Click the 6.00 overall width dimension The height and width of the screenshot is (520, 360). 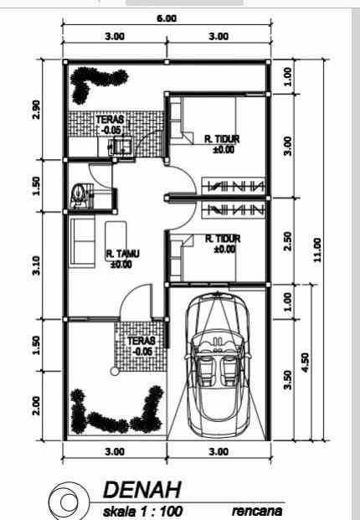coord(167,19)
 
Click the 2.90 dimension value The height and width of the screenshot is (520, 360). coord(35,109)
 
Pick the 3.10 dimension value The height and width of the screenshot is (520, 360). coord(35,265)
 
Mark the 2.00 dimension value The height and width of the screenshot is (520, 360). coord(35,405)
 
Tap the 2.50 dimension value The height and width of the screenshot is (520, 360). coord(287,241)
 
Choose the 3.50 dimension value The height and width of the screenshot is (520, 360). coord(287,379)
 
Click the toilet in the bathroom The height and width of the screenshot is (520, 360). coord(79,194)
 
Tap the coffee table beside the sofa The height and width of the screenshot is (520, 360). coord(115,234)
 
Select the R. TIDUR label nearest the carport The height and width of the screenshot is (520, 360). coord(223,243)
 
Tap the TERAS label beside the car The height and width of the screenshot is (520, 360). coord(136,346)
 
